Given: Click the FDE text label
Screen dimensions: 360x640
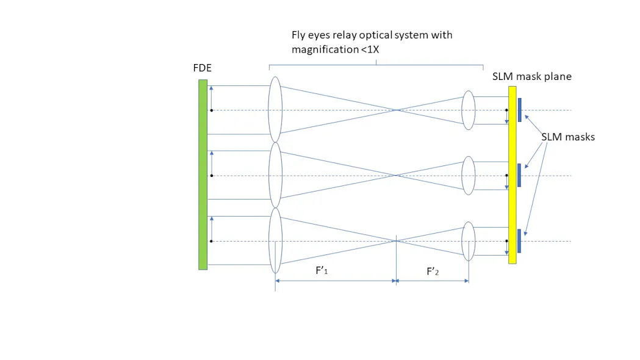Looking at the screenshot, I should coord(202,68).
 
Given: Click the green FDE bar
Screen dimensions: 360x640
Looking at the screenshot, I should coord(203,175).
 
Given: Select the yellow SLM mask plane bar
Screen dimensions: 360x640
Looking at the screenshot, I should coord(512,175).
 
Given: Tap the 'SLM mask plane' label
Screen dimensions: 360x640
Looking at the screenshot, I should coord(531,77).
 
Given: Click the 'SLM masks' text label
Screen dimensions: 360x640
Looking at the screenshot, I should coord(567,137).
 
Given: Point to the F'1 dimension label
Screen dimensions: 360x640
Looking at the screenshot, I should coord(322,272).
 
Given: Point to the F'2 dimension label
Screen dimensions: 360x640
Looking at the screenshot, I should coord(433,272).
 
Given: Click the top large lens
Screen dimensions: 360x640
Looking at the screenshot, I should coord(275,110).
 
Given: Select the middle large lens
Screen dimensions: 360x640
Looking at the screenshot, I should coord(275,176).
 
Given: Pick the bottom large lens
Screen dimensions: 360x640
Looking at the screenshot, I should coord(275,241).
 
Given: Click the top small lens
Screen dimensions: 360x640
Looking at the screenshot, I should coord(468,110).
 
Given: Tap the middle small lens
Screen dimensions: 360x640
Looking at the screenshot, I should coord(468,176).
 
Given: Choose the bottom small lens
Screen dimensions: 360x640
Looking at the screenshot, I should coord(468,241).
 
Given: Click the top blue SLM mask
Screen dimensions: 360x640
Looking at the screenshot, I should coord(519,110).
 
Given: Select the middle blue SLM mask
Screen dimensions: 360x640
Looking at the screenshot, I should coord(519,175).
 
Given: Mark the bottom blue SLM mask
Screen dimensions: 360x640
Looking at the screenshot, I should coord(519,240).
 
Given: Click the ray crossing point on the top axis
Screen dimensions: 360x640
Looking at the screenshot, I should coord(397,110).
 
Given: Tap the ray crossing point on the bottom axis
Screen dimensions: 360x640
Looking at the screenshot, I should coord(397,241).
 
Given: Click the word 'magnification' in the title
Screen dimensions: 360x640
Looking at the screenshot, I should coord(321,49).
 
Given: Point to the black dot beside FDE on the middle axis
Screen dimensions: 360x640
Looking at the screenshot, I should coord(211,176).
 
